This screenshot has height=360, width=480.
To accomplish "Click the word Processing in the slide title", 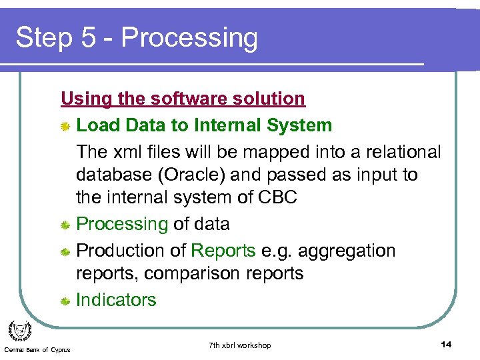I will click(x=189, y=38).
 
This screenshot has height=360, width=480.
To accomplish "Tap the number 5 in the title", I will click(x=88, y=38).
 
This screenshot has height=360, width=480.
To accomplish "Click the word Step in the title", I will click(x=43, y=38).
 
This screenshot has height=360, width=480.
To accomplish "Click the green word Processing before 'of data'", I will click(x=122, y=224).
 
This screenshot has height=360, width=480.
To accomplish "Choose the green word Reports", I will click(x=223, y=251).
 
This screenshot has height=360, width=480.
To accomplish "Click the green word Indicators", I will click(x=116, y=300).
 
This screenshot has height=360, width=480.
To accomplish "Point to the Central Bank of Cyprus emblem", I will click(x=19, y=331).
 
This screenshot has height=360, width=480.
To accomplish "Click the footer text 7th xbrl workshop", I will click(x=240, y=345).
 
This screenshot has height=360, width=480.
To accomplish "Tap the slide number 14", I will click(x=446, y=344).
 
